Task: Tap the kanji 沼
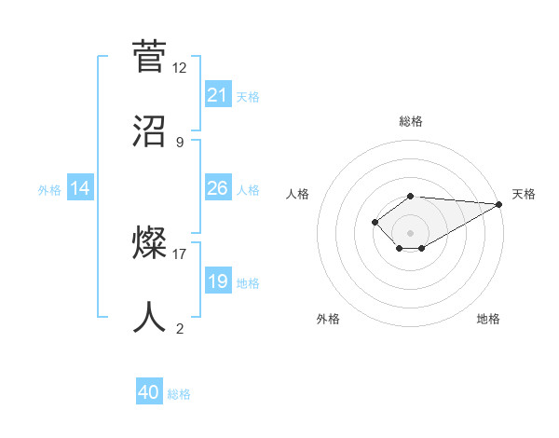(150, 130)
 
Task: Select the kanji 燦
(150, 243)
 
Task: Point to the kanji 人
(150, 317)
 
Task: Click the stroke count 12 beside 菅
(180, 68)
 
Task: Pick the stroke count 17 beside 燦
(180, 253)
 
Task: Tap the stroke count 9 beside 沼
(180, 142)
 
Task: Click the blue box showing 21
(218, 95)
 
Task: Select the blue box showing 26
(218, 188)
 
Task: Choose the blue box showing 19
(218, 281)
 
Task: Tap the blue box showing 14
(80, 188)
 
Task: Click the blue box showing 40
(149, 393)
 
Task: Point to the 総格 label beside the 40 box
(179, 394)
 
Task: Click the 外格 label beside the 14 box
(49, 189)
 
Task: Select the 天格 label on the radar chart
(524, 194)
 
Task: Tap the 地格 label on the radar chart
(488, 319)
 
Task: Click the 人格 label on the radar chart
(297, 194)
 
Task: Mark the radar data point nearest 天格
(499, 204)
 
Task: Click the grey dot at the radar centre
(411, 232)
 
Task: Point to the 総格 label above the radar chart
(411, 121)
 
